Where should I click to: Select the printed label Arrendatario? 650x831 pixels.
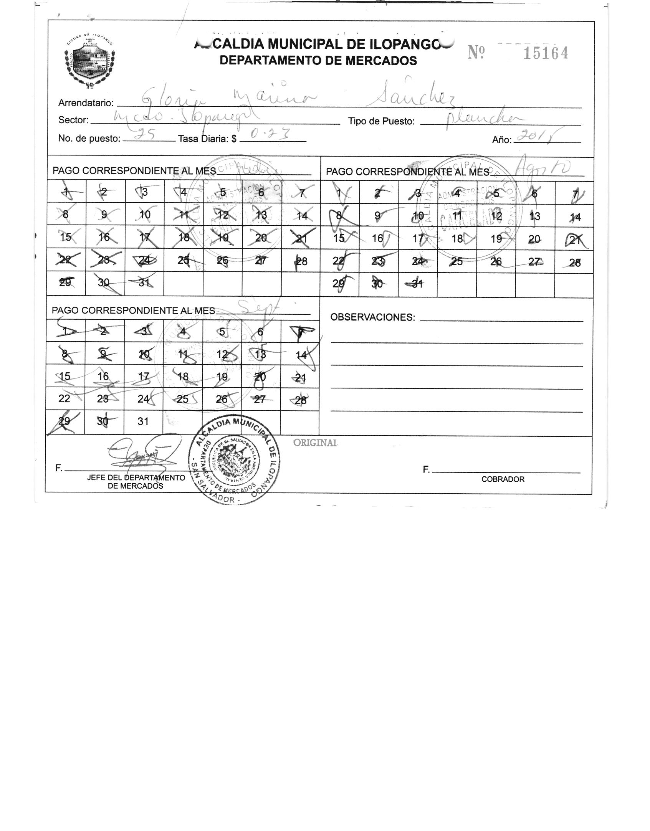[x=86, y=103]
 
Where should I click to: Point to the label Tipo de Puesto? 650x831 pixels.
[x=381, y=122]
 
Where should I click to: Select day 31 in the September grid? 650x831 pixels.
[x=143, y=421]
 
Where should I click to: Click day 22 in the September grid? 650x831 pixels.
[x=64, y=398]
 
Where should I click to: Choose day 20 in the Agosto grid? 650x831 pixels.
[x=534, y=239]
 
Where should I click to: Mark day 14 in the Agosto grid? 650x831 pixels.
[x=575, y=217]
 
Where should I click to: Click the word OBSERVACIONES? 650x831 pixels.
[x=372, y=317]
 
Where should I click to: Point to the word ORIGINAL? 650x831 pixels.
[x=315, y=443]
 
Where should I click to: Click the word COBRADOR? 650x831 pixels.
[x=503, y=479]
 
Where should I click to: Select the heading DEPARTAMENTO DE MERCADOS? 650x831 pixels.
[x=318, y=61]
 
